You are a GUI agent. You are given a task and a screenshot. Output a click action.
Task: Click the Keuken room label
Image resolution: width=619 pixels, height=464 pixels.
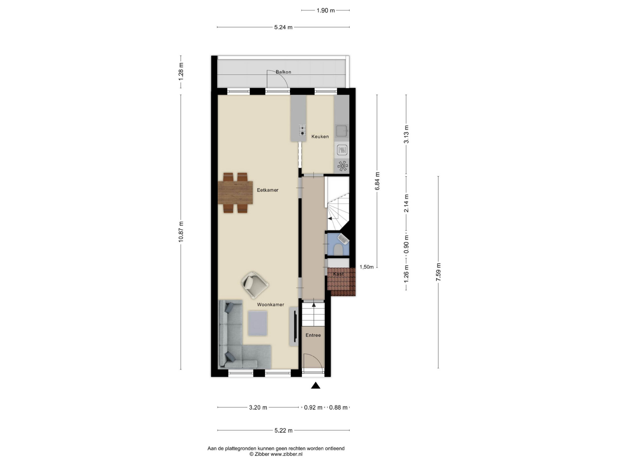coord(320,137)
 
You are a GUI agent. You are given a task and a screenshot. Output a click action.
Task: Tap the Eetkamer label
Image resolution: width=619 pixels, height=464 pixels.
coord(267,190)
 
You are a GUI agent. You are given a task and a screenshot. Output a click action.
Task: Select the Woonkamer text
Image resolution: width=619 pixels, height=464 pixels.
coord(271,304)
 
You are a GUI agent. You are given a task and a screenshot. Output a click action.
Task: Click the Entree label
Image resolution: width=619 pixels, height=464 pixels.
coord(313,335)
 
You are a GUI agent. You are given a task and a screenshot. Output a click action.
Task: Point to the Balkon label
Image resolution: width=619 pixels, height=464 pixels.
coord(283,72)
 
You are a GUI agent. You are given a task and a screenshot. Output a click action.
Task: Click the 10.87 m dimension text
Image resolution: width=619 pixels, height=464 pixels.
coord(181,232)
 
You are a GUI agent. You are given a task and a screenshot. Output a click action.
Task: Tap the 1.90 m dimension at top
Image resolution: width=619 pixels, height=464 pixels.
coord(325,10)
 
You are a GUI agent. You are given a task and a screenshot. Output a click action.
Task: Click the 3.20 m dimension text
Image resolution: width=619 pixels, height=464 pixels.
coord(258,407)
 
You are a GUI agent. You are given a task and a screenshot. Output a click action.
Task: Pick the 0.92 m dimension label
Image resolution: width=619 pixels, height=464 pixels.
coord(313,407)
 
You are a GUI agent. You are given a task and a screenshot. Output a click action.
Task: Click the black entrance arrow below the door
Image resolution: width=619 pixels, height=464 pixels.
coord(316,385)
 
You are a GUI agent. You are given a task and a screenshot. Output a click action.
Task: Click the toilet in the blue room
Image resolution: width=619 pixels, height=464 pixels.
coord(338,250)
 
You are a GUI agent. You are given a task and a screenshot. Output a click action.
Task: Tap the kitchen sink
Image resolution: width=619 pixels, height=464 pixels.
coord(342,131)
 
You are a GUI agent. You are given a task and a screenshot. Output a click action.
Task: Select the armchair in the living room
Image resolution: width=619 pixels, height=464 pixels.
coord(255,285)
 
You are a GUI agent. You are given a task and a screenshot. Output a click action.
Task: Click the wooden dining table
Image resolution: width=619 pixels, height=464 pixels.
coord(235,192)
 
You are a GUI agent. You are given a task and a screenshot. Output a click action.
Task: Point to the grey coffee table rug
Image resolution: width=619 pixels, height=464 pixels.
coord(258,323)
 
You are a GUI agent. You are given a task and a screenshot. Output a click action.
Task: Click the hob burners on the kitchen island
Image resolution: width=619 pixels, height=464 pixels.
coord(302,130)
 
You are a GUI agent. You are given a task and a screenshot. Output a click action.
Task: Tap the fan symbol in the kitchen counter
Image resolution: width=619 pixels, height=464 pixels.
coord(342,166)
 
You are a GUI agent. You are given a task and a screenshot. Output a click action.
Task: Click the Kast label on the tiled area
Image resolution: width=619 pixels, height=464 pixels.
coord(338,274)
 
